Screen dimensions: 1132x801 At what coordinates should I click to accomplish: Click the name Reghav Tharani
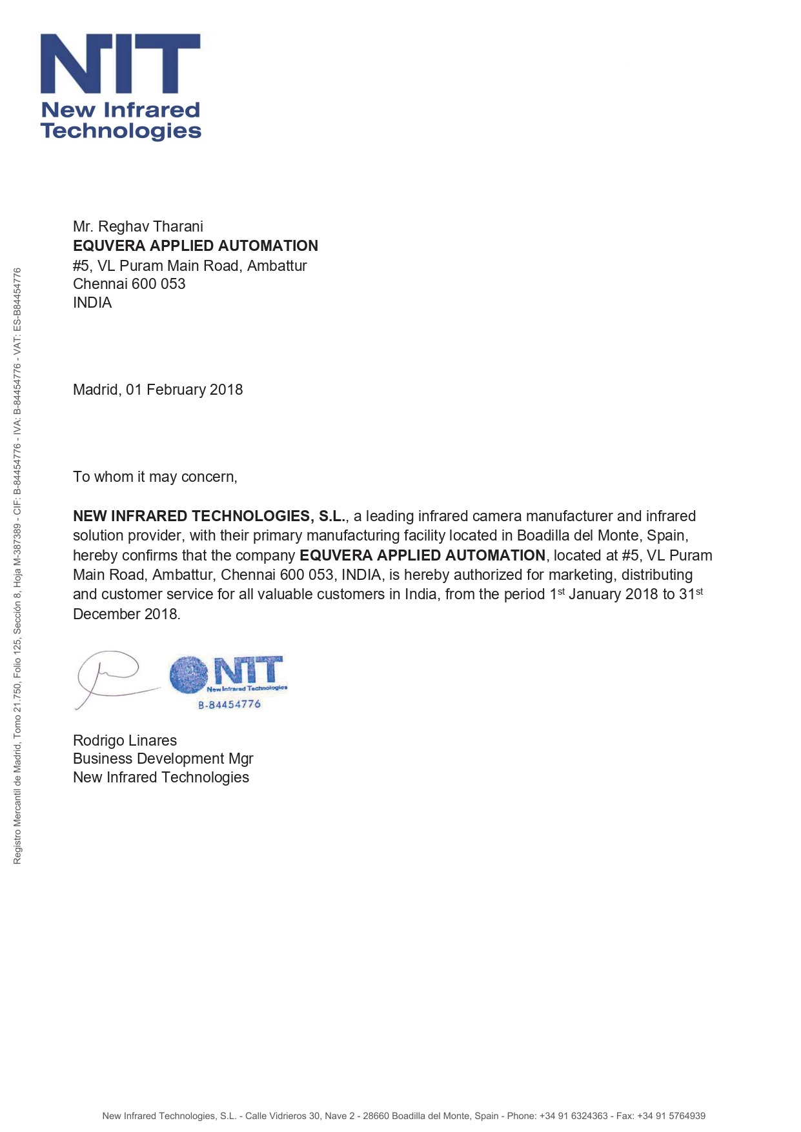[150, 226]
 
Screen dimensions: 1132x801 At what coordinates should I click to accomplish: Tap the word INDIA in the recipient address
[92, 303]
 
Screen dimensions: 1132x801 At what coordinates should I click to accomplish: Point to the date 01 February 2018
[184, 390]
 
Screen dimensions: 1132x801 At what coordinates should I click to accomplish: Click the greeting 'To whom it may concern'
[155, 477]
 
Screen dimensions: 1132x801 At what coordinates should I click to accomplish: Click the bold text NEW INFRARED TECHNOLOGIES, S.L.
[209, 516]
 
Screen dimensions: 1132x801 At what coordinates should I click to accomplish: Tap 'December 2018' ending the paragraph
[126, 614]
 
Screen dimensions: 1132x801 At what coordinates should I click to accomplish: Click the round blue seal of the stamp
[188, 674]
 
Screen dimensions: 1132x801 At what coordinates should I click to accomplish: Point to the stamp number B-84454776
[229, 704]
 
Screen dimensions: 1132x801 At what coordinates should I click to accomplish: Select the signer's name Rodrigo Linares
[125, 740]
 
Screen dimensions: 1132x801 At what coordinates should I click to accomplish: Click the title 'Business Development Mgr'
[163, 759]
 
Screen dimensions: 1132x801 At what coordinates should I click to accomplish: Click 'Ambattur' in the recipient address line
[277, 266]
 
